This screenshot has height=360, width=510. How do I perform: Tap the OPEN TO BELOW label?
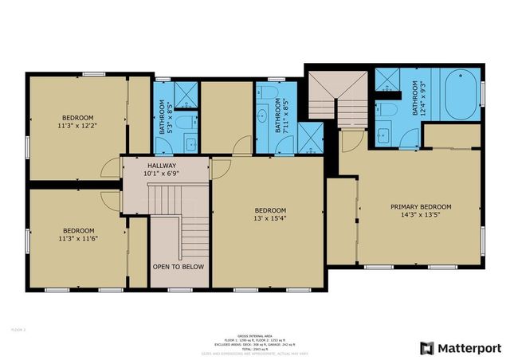click(178, 267)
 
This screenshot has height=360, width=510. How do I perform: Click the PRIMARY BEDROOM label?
click(420, 209)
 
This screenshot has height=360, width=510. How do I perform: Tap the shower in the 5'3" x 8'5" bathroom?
click(186, 95)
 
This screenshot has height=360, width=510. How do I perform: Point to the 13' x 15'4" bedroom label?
click(270, 214)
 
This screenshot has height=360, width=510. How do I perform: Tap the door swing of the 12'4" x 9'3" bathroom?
click(349, 143)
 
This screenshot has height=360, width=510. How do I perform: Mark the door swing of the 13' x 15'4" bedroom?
click(220, 166)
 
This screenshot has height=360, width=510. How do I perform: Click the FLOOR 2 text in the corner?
click(18, 328)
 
